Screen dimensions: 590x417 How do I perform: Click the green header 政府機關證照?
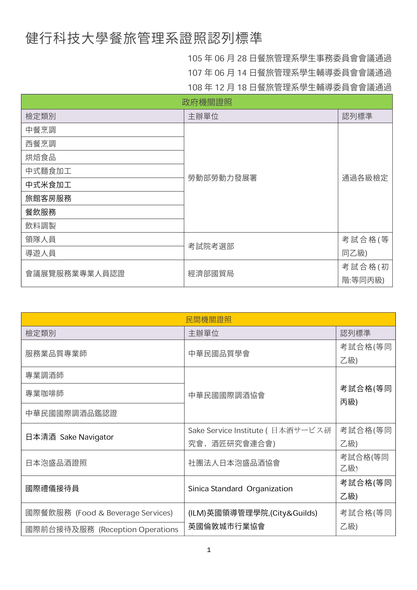point(207,102)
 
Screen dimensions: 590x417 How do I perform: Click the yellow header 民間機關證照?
point(208,319)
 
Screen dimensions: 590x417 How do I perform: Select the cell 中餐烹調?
point(41,130)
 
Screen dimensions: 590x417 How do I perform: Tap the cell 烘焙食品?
point(41,157)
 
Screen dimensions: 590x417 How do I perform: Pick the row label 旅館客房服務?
point(48,198)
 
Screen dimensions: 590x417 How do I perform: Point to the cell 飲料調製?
point(41,226)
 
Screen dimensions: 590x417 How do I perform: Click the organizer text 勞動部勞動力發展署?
point(222,178)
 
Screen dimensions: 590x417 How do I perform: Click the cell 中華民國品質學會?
point(219,354)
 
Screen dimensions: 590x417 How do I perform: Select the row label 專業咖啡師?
point(44,393)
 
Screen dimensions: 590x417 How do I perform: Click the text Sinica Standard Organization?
point(240,488)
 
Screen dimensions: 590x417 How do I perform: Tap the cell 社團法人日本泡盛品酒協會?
point(234,463)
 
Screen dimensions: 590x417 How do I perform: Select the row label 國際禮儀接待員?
point(52,488)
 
